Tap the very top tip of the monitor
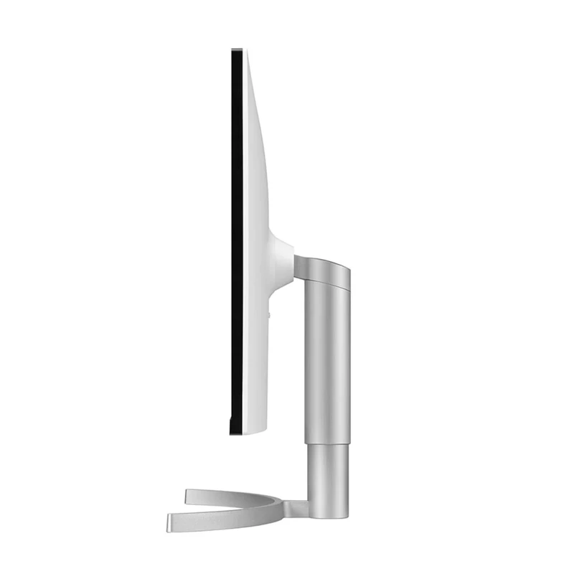[x=237, y=50]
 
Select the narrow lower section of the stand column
[x=329, y=474]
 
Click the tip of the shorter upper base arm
[x=188, y=495]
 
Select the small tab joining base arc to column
[x=297, y=508]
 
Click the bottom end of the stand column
[x=329, y=515]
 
